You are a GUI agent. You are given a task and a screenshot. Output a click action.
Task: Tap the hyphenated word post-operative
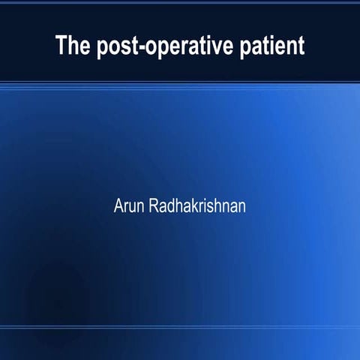click(159, 46)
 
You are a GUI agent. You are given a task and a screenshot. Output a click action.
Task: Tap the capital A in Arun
click(118, 205)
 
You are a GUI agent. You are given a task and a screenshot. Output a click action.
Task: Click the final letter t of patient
click(301, 46)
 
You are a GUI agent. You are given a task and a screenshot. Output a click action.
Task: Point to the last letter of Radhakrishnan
click(241, 205)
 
